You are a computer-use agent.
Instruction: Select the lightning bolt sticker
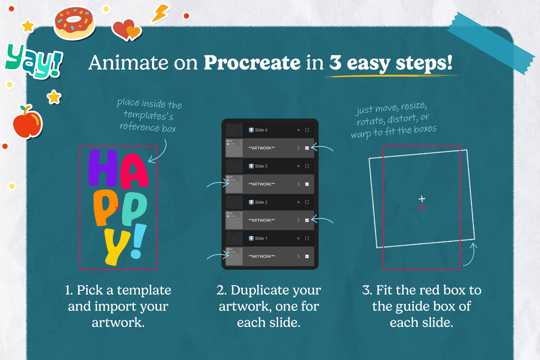click(160, 13)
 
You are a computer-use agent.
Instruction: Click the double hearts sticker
click(127, 30)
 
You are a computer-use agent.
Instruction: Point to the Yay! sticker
click(34, 61)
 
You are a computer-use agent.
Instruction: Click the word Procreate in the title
click(252, 63)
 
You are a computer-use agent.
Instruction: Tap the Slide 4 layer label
click(261, 130)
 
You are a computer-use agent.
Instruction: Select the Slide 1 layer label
click(261, 238)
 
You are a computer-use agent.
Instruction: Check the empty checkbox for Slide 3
click(307, 166)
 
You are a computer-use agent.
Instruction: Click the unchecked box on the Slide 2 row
click(307, 202)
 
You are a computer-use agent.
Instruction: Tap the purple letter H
click(103, 168)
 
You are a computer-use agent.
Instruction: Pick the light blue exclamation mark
click(138, 241)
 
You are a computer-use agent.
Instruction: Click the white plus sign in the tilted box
click(422, 199)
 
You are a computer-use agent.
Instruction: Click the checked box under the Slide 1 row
click(307, 256)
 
